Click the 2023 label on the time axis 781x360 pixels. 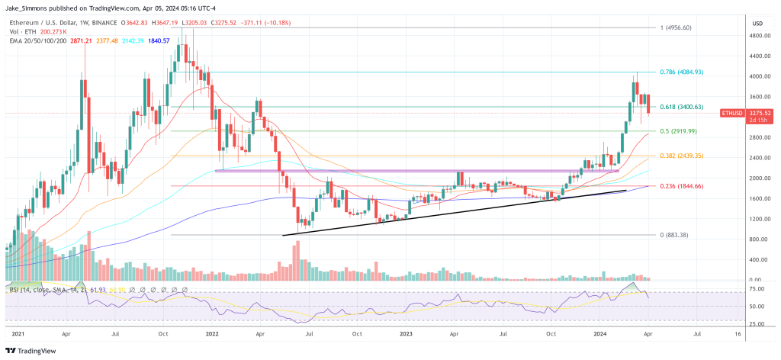tap(403, 334)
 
